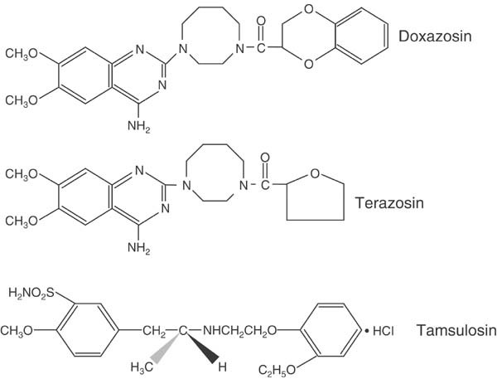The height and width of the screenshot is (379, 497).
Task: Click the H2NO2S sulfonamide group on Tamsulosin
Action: pos(30,294)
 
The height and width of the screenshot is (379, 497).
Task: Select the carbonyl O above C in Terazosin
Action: pos(265,155)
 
